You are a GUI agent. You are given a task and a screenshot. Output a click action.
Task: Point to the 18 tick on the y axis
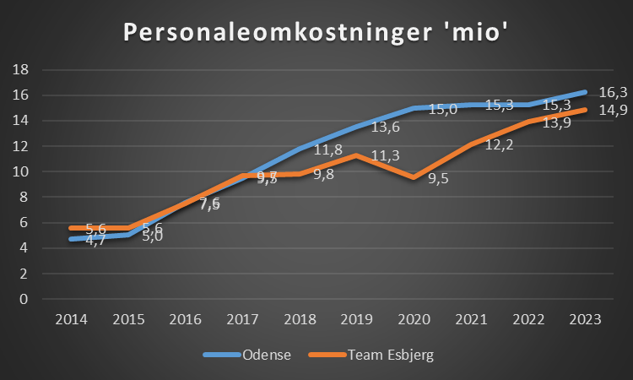(x=23, y=69)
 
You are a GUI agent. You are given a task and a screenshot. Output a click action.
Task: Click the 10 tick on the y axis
(x=23, y=171)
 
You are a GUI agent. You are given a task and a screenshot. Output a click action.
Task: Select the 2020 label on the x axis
(x=414, y=319)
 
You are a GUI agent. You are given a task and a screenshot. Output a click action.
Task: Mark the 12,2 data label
(x=499, y=145)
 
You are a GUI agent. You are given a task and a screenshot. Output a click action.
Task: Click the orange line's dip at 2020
(x=414, y=177)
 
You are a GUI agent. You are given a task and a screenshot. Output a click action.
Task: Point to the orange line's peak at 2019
(x=356, y=155)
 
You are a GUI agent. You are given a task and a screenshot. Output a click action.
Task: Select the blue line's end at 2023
(x=585, y=91)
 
